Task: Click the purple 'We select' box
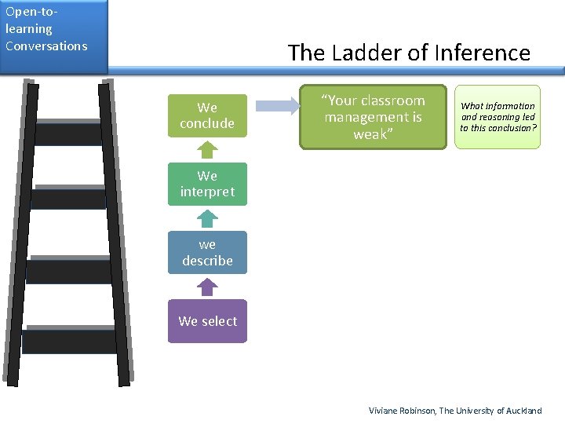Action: [x=207, y=321]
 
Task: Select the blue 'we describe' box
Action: [x=207, y=253]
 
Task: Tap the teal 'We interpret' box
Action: [x=207, y=185]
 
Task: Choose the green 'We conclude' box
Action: [x=207, y=115]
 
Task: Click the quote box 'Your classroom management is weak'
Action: [x=374, y=117]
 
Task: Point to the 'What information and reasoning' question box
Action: [x=498, y=117]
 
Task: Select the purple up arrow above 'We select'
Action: [x=206, y=287]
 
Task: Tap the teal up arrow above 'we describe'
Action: [x=206, y=218]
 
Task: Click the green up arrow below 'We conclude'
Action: [x=206, y=150]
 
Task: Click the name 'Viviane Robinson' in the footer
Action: [x=402, y=411]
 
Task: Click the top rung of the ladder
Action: [x=68, y=133]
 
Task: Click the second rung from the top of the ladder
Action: [x=68, y=198]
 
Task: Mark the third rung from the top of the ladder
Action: [x=68, y=271]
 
